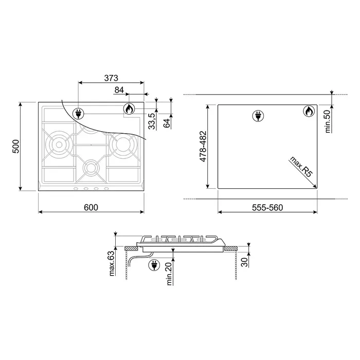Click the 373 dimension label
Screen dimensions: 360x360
[111, 78]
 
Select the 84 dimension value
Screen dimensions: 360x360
[119, 90]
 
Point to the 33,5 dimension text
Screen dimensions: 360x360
[152, 121]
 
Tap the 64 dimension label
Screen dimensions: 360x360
[167, 123]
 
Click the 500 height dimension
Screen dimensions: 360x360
[16, 146]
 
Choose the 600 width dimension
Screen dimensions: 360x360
[91, 207]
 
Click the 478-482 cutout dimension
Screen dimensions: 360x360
[203, 147]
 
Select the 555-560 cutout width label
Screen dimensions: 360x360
[267, 208]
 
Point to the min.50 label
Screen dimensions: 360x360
[328, 121]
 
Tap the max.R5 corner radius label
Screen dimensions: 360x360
[301, 167]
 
